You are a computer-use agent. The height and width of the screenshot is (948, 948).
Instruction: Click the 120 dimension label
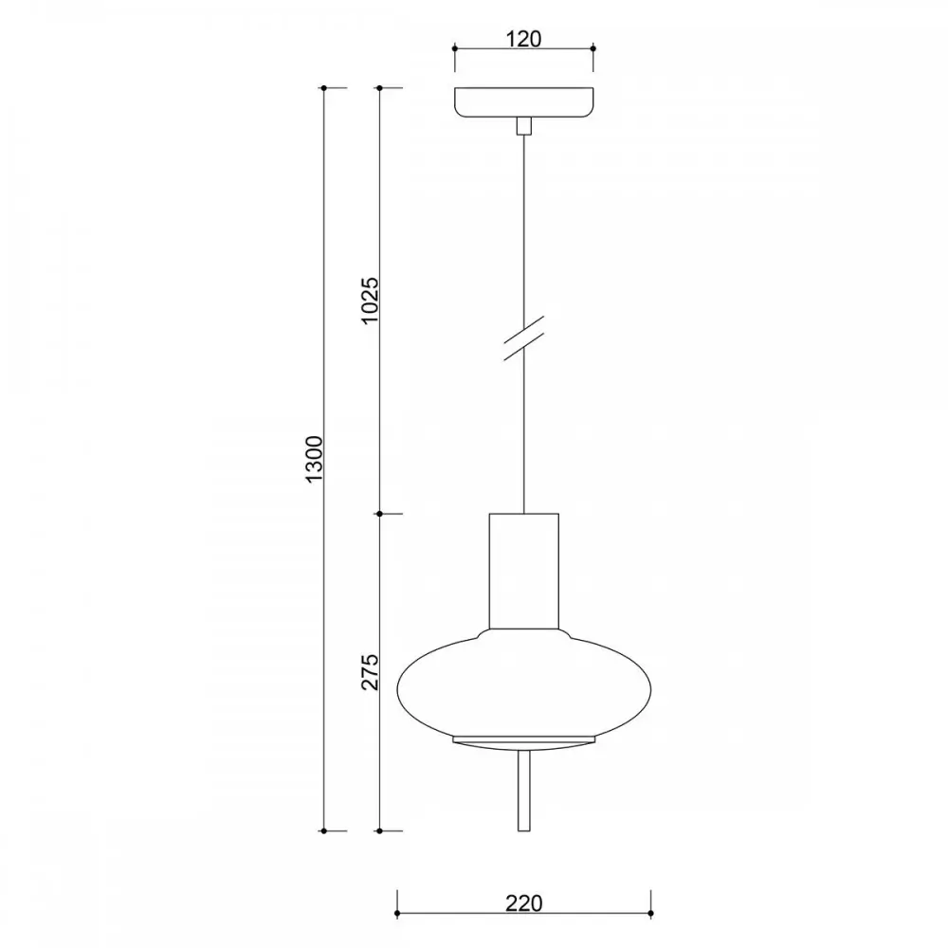(x=523, y=39)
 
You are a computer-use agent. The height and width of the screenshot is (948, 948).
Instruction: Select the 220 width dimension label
(x=523, y=903)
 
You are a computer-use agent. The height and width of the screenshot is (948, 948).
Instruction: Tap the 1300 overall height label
(x=315, y=458)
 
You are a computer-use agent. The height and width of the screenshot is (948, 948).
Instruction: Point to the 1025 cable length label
(x=370, y=301)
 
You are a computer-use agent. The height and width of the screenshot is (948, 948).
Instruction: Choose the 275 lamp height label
(x=370, y=672)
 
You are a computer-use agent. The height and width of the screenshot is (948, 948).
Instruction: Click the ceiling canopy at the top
(x=523, y=102)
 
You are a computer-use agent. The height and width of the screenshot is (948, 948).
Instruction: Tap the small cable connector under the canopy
(x=523, y=126)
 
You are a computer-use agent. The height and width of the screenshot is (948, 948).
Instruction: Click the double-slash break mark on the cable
(x=523, y=338)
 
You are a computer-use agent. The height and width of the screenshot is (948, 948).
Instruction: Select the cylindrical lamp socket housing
(x=523, y=571)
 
